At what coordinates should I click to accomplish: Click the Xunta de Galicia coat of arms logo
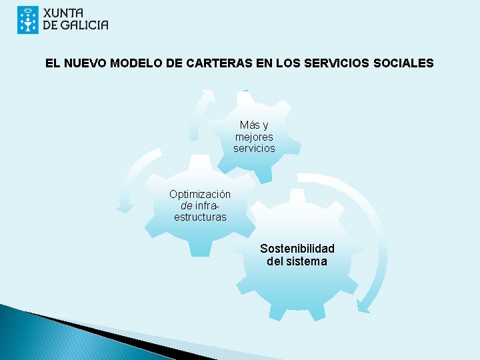click(28, 20)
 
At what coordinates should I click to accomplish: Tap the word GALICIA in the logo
click(84, 26)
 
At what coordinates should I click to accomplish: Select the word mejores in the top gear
click(254, 137)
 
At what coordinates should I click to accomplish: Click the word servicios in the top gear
click(254, 148)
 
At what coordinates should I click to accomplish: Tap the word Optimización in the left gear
click(200, 194)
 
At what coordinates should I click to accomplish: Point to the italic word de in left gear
click(177, 205)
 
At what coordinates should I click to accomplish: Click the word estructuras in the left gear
click(200, 217)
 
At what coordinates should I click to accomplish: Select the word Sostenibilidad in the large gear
click(297, 249)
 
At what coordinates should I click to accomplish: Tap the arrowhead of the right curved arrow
click(363, 306)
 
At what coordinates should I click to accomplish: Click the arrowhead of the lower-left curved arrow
click(124, 208)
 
